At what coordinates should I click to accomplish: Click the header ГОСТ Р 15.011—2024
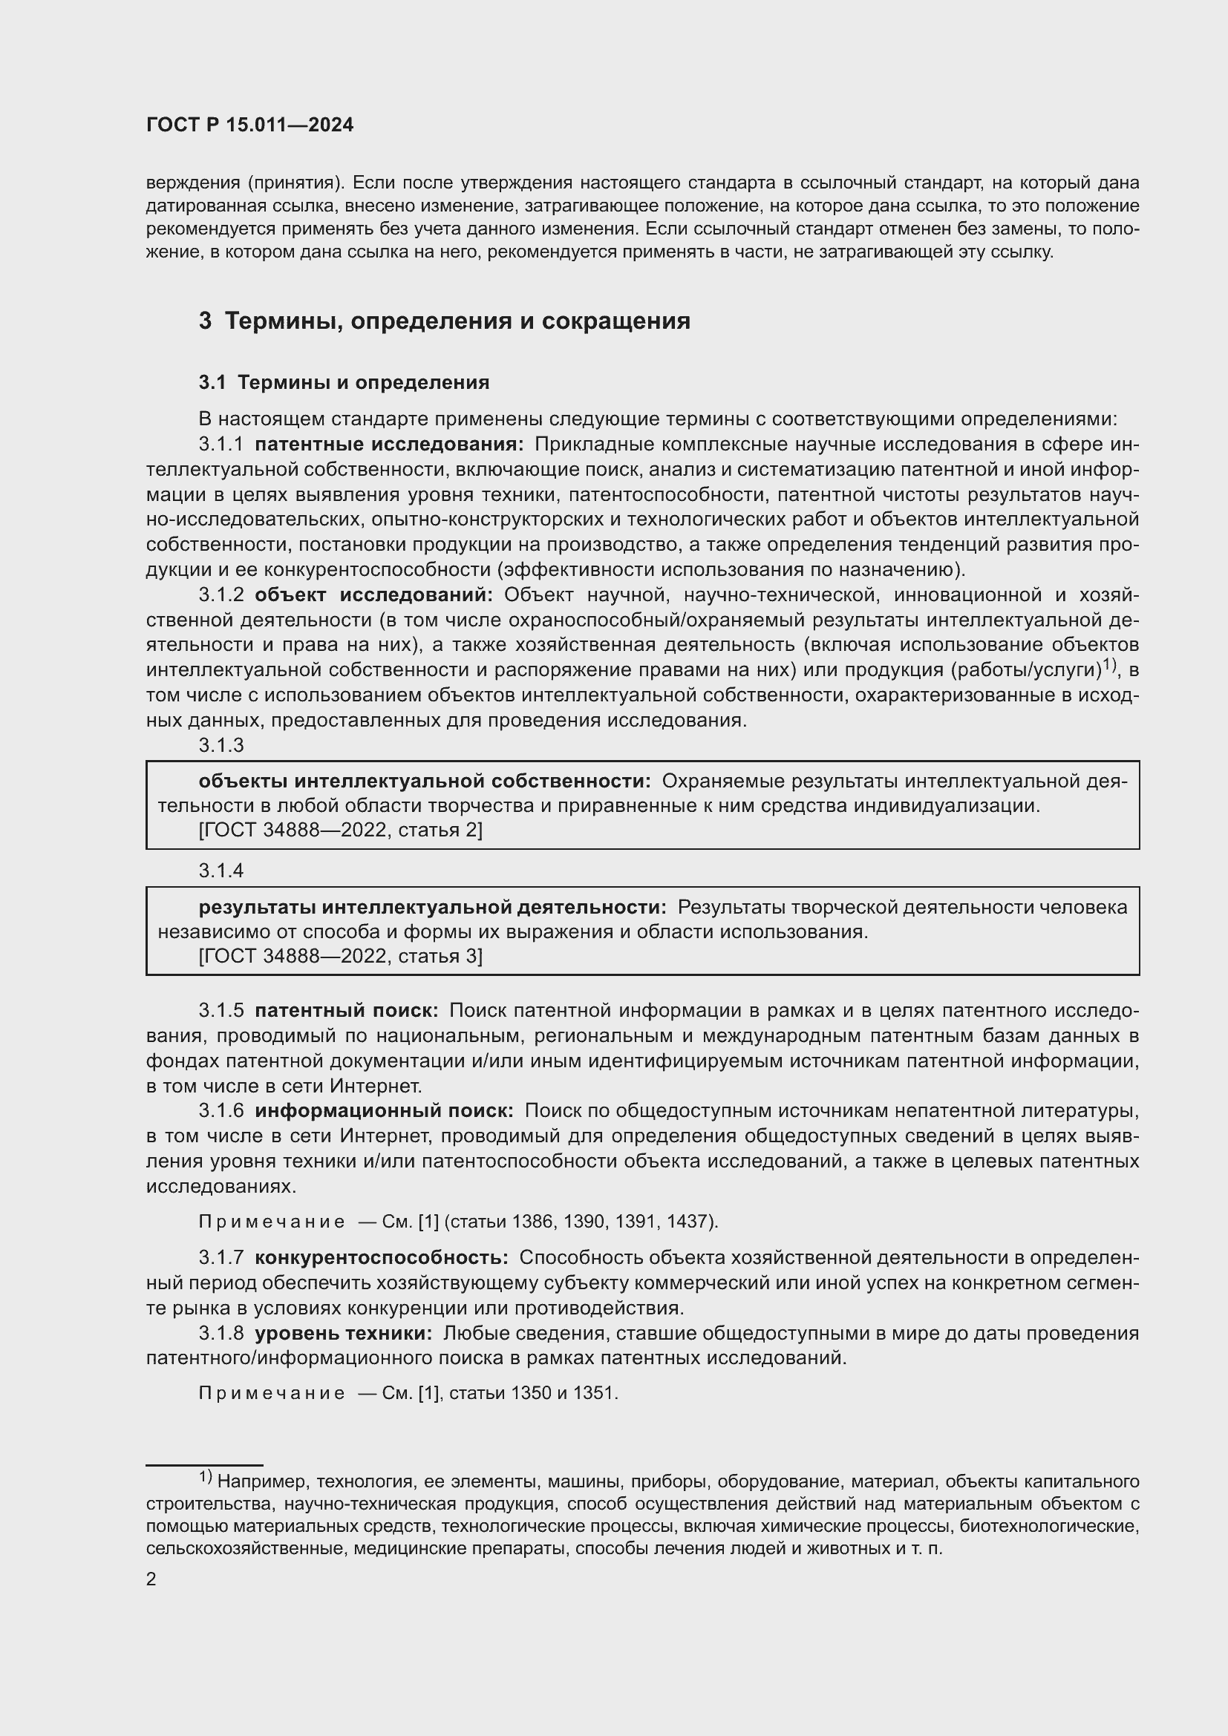(249, 125)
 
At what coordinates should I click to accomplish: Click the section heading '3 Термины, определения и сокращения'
(444, 321)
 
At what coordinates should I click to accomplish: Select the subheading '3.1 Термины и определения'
(344, 382)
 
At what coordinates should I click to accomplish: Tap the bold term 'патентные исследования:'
(388, 445)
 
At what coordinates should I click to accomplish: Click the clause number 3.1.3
(221, 745)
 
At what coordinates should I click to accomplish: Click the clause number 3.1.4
(221, 871)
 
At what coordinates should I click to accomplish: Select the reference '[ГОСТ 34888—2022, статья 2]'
(340, 831)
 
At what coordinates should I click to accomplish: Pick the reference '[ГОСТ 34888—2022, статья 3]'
(340, 957)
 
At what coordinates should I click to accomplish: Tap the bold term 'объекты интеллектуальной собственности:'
(424, 781)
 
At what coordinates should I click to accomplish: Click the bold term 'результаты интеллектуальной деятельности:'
(433, 906)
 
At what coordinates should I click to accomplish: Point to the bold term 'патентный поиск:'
(346, 1011)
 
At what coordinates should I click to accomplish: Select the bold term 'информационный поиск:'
(384, 1112)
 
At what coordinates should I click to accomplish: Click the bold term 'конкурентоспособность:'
(381, 1258)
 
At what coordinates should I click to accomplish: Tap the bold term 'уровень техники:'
(343, 1334)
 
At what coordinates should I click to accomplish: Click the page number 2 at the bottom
(151, 1579)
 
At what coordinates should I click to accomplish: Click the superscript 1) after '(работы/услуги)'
(1109, 665)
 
